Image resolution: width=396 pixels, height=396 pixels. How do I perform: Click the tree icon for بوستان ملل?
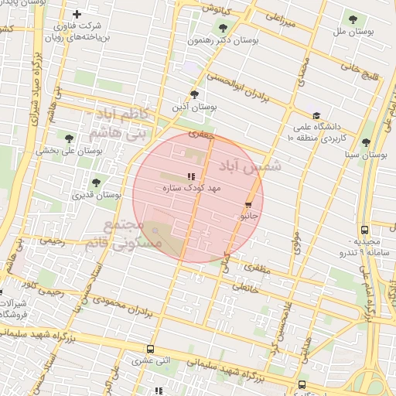coord(353,19)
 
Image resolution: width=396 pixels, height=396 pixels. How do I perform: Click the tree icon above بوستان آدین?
coord(194,94)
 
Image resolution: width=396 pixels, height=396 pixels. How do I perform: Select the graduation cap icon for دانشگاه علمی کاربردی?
coord(316,115)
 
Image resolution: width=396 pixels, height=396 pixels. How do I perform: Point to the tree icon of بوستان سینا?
coord(366,142)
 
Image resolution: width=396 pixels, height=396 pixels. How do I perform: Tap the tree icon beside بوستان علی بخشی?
coord(69,138)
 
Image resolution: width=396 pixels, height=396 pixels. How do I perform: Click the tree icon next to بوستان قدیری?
coord(96,183)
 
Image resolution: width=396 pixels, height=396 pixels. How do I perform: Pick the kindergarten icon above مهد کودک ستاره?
coord(191,177)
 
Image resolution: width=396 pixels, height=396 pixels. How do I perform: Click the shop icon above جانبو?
coord(248,206)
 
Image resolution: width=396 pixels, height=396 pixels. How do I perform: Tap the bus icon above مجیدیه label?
coord(364,230)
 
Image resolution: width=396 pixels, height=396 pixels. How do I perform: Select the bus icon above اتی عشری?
coord(149,349)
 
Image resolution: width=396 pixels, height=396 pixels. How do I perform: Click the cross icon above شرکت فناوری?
coord(77,14)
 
